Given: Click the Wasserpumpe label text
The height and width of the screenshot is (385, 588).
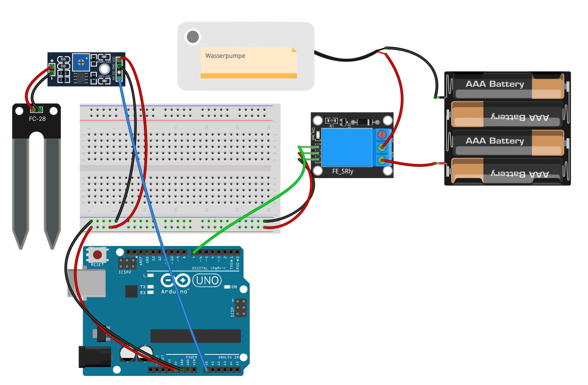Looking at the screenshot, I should tap(225, 56).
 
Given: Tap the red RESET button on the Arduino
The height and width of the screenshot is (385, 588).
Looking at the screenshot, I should tap(98, 254).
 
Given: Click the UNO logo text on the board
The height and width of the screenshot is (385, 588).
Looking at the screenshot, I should tap(207, 281).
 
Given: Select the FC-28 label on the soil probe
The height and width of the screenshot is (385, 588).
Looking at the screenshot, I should tap(37, 119).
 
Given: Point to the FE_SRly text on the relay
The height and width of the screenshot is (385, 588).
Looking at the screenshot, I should tap(343, 171).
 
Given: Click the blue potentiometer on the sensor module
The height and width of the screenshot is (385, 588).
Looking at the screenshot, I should tap(81, 63).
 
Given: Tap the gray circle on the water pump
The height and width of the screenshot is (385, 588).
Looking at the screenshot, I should tap(193, 37).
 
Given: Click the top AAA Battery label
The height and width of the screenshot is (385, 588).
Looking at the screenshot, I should tap(495, 84).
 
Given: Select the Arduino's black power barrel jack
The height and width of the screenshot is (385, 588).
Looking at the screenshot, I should tap(95, 357).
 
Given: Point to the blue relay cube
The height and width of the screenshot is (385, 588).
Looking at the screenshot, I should tap(347, 147).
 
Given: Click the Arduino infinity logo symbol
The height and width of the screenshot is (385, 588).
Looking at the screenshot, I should tap(175, 281).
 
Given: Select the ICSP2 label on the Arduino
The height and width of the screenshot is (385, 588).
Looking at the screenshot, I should tap(125, 272).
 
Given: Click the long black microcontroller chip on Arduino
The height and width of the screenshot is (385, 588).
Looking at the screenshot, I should tap(195, 336).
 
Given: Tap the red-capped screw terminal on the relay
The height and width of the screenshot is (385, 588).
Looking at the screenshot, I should tap(382, 135).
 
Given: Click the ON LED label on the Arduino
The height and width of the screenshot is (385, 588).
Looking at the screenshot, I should tap(234, 287).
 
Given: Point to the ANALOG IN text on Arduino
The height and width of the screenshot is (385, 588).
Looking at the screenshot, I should tap(228, 357).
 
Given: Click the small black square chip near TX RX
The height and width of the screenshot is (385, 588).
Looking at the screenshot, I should tap(131, 291).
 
